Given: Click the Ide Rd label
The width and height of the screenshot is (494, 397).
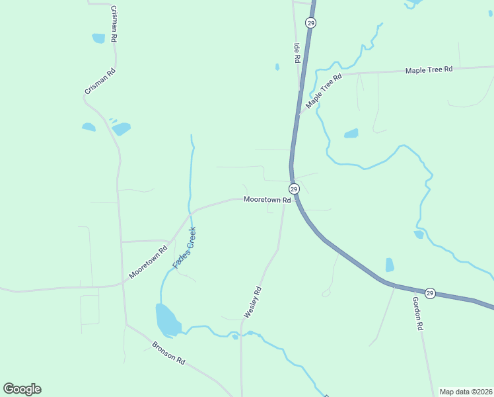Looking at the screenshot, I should tap(297, 54).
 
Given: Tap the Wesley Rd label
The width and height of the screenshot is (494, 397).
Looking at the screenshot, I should tap(253, 302).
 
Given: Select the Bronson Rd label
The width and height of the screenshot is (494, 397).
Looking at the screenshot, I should tap(168, 351).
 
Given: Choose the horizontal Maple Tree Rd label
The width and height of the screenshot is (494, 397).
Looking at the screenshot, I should tap(429, 69).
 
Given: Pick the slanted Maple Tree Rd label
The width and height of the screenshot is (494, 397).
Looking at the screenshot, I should tap(324, 91).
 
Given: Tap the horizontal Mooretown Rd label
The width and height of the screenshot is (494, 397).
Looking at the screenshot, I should tap(267, 199).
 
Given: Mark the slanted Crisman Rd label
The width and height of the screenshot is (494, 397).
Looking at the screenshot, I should tap(100, 81).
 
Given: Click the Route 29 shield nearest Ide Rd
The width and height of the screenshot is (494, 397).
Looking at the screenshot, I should tap(311, 22).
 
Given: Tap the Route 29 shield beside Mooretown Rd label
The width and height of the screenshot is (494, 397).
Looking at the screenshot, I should tap(295, 189).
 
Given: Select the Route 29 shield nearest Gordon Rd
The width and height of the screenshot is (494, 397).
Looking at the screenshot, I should tap(430, 293).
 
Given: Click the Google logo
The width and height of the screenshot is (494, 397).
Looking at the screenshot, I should tap(22, 389).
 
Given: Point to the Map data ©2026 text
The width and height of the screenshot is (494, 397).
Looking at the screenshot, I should tap(466, 392).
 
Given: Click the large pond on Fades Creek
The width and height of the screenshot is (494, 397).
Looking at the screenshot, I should tap(167, 321).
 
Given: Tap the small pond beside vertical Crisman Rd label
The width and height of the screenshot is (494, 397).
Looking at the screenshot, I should tap(98, 38).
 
